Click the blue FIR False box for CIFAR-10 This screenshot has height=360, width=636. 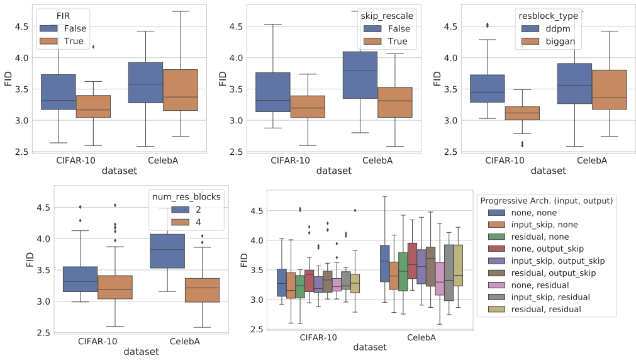click(57, 92)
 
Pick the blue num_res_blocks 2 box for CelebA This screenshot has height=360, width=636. click(167, 251)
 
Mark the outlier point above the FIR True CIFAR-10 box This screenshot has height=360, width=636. click(93, 47)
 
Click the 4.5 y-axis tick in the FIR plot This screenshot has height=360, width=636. click(22, 26)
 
